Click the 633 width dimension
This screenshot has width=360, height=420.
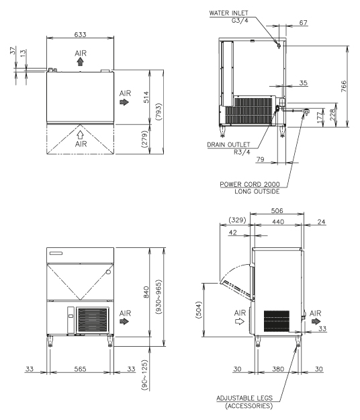click(81, 34)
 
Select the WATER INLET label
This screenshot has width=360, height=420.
click(228, 13)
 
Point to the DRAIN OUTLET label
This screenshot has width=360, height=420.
click(228, 144)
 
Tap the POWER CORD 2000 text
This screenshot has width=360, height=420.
click(250, 184)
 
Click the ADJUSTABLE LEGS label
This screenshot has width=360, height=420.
click(244, 398)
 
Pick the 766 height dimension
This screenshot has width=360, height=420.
click(344, 86)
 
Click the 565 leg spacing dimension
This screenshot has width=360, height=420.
click(80, 369)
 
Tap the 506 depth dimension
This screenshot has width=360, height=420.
click(277, 211)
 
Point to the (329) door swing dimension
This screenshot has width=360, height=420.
click(237, 220)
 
